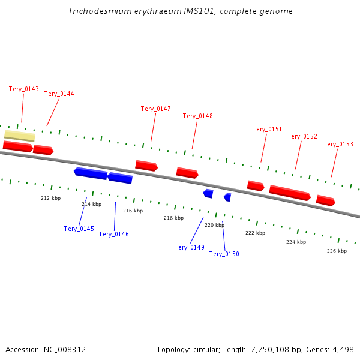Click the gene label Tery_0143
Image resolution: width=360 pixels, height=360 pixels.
[24, 89]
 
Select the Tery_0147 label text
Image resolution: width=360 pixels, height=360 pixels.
[156, 109]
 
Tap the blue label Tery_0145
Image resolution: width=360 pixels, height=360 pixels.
[79, 229]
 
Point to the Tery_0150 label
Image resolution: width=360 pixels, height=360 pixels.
[224, 254]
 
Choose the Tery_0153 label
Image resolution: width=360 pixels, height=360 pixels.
[338, 144]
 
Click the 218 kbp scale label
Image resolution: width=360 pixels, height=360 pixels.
[173, 218]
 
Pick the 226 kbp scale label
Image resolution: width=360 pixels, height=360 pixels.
[337, 251]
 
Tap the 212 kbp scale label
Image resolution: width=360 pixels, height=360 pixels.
[50, 198]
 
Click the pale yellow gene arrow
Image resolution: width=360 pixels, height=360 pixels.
[19, 136]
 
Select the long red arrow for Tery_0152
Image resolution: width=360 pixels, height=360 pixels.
[289, 193]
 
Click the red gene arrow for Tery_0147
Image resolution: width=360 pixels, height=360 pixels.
[146, 166]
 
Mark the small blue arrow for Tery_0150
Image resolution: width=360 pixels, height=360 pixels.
[227, 197]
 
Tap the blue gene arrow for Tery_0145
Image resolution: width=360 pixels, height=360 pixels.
[91, 173]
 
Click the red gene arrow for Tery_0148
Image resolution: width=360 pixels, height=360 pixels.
[187, 173]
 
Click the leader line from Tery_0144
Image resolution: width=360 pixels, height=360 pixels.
[53, 112]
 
